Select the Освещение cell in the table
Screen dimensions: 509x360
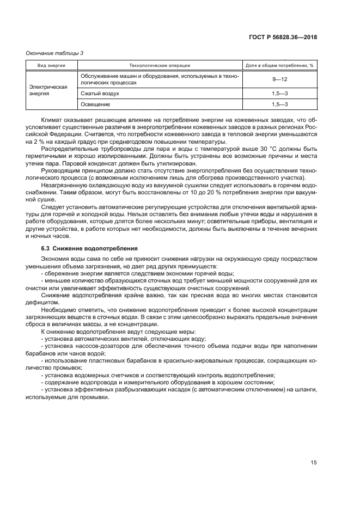point(95,103)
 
